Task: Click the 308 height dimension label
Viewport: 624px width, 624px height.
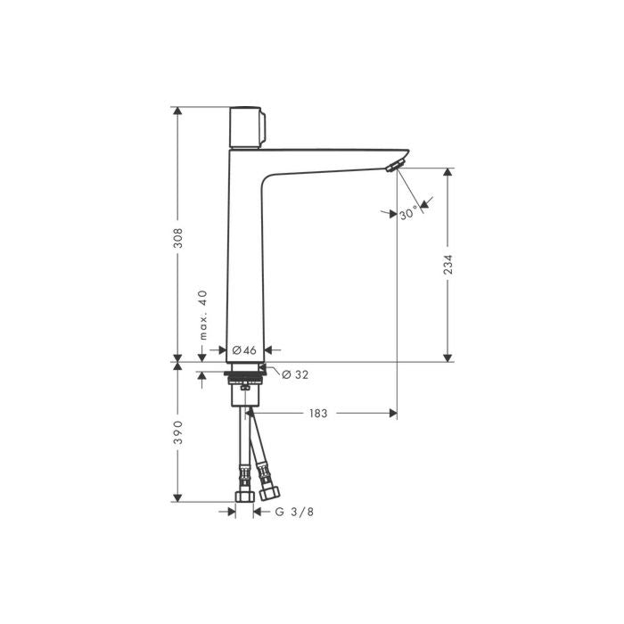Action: click(178, 238)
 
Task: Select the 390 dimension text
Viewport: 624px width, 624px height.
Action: click(178, 433)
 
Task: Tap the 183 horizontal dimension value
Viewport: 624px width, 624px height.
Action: click(318, 414)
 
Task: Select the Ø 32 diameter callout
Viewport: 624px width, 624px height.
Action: click(295, 374)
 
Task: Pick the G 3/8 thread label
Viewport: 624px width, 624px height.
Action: click(293, 512)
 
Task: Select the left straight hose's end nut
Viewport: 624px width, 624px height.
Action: click(242, 496)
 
